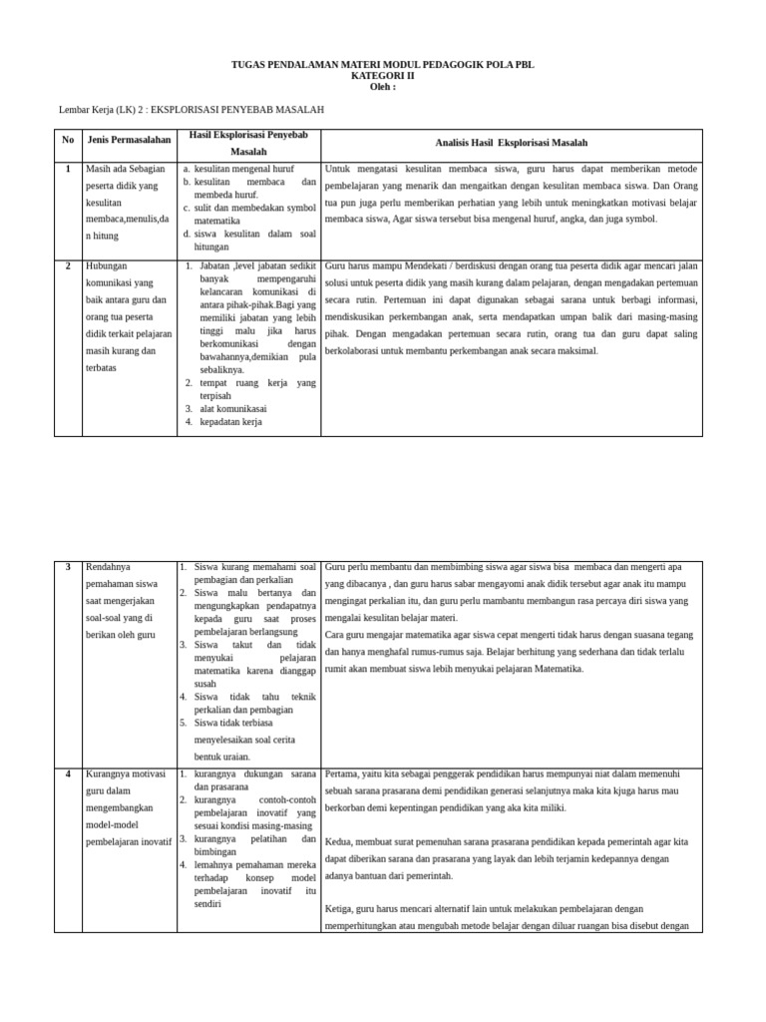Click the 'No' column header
point(68,140)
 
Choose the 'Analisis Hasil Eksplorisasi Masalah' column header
point(512,143)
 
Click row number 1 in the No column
point(68,169)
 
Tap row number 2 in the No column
point(68,266)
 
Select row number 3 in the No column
point(68,567)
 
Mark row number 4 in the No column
point(68,773)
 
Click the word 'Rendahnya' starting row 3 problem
point(109,567)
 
